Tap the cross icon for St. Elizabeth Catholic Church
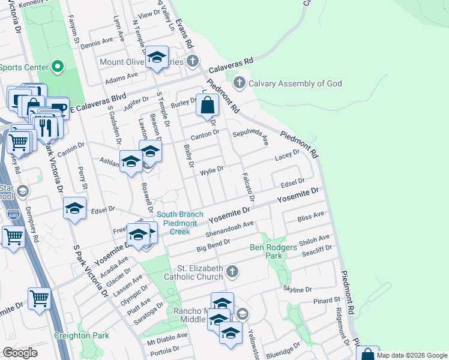tap(232, 273)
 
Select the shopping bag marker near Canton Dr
tap(207, 106)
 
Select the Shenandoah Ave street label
tap(231, 229)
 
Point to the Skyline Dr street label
tap(300, 290)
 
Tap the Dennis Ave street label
tap(97, 43)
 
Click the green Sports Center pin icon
tap(58, 66)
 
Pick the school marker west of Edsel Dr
tap(74, 208)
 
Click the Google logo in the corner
tap(20, 353)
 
